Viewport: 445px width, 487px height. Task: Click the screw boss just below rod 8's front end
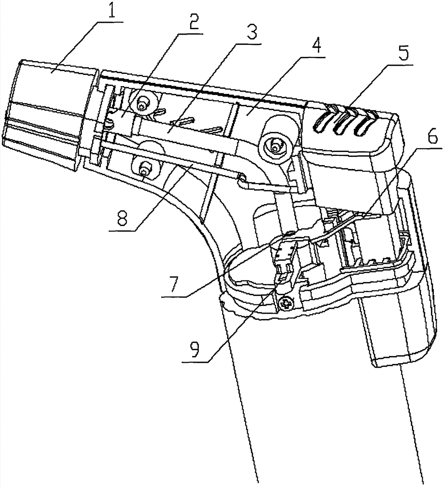(x=145, y=169)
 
